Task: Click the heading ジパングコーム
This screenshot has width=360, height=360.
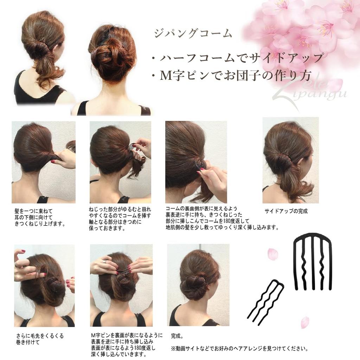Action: pos(193,34)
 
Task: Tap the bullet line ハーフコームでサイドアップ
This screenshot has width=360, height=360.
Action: pos(237,57)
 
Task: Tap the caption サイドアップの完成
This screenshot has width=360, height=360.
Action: pos(286,211)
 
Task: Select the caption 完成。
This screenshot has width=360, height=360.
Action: pos(177,336)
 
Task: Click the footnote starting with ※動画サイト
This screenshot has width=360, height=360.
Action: pos(240,349)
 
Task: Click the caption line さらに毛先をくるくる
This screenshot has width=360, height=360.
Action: pos(40,336)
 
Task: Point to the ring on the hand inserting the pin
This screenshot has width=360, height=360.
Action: pos(105,261)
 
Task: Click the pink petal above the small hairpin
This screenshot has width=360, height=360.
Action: pos(272,254)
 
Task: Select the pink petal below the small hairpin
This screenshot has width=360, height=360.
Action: pos(304,322)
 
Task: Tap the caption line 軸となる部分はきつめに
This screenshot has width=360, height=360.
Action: pos(115,222)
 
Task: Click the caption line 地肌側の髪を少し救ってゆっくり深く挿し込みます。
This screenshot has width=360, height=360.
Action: pos(222,227)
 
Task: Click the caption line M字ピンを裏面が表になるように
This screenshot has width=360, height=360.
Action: pos(127,335)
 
